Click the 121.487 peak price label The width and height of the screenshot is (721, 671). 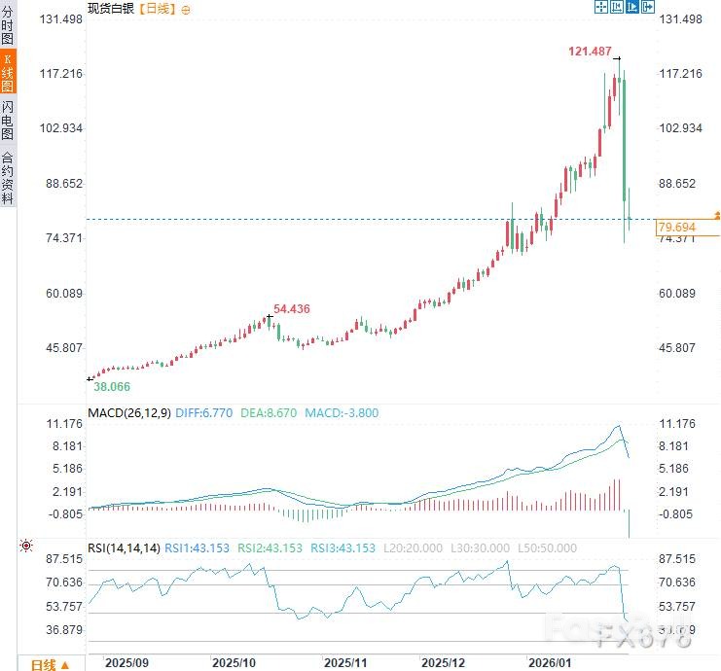point(590,51)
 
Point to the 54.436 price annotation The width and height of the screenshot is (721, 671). point(292,308)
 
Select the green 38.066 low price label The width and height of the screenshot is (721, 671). point(112,386)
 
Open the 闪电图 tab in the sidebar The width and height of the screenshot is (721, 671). point(8,120)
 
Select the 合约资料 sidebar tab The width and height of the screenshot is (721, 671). point(8,177)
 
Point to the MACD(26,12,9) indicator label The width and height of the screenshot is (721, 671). point(129,413)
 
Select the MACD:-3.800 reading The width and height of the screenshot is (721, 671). point(342,413)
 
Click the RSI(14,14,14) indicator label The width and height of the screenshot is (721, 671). point(125,548)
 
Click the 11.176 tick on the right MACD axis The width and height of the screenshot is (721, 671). point(679,424)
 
